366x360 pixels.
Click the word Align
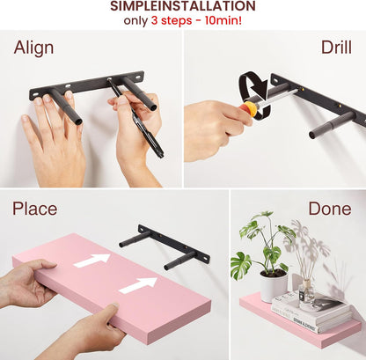tap(33, 48)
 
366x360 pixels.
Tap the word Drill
tap(336, 48)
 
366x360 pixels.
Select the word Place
tap(34, 209)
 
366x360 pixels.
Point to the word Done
tap(330, 209)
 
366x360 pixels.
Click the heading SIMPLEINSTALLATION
tap(183, 6)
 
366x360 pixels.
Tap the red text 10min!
tap(223, 20)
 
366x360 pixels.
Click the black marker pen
tap(135, 118)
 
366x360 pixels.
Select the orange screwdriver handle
tap(247, 110)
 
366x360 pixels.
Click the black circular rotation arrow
tap(254, 95)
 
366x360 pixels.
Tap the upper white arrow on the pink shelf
tap(91, 260)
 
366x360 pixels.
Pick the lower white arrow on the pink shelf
tap(138, 285)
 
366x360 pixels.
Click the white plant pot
tap(274, 286)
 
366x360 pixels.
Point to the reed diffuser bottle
tap(306, 292)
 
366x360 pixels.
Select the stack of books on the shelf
tap(311, 311)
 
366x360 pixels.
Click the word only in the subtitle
tap(135, 21)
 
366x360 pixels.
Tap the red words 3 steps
tap(172, 21)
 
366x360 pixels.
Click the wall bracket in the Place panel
tap(165, 247)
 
